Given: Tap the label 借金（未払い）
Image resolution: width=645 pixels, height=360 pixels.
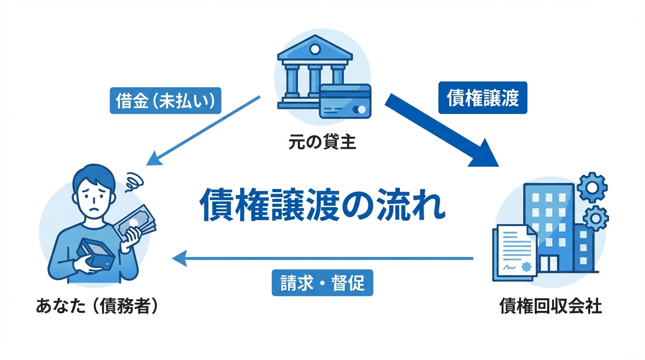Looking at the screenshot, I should [165, 101].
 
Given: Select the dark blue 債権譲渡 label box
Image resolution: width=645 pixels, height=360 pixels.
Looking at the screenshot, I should [482, 98].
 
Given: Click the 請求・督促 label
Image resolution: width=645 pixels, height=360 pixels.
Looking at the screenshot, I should [322, 283].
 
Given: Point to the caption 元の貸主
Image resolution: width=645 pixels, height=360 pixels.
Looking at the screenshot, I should [322, 142].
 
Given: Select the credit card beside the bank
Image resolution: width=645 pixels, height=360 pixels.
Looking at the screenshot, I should [345, 101].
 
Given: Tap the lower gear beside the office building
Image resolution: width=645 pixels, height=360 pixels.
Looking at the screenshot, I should [596, 217].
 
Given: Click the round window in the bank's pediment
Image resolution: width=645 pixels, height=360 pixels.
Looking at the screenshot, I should [315, 49].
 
